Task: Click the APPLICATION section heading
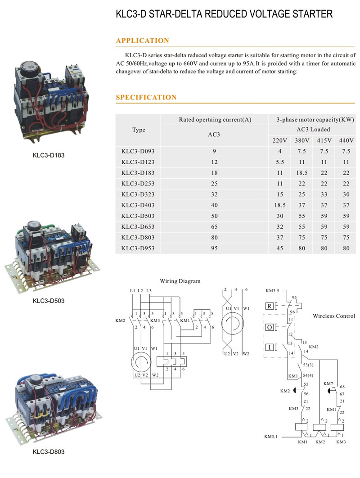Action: pyautogui.click(x=142, y=41)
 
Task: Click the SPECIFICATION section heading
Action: pyautogui.click(x=146, y=97)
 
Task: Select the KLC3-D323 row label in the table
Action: pyautogui.click(x=138, y=194)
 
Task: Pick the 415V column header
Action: pyautogui.click(x=324, y=140)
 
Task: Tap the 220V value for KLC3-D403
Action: pyautogui.click(x=280, y=205)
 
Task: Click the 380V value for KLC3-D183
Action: pyautogui.click(x=302, y=173)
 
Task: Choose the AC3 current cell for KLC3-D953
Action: pyautogui.click(x=214, y=248)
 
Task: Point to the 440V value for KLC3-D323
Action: pyautogui.click(x=346, y=194)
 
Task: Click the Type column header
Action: pyautogui.click(x=139, y=130)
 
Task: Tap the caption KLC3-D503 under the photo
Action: pyautogui.click(x=49, y=301)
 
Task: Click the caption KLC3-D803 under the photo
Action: pyautogui.click(x=49, y=451)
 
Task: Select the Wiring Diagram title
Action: pyautogui.click(x=180, y=281)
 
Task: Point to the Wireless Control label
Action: pyautogui.click(x=334, y=316)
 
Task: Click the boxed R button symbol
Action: pyautogui.click(x=270, y=306)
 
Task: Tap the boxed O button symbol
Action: pyautogui.click(x=270, y=327)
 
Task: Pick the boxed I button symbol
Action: pyautogui.click(x=270, y=347)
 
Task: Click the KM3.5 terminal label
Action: pyautogui.click(x=272, y=290)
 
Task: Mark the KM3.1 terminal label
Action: pyautogui.click(x=271, y=437)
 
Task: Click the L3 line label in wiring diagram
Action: pyautogui.click(x=149, y=290)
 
